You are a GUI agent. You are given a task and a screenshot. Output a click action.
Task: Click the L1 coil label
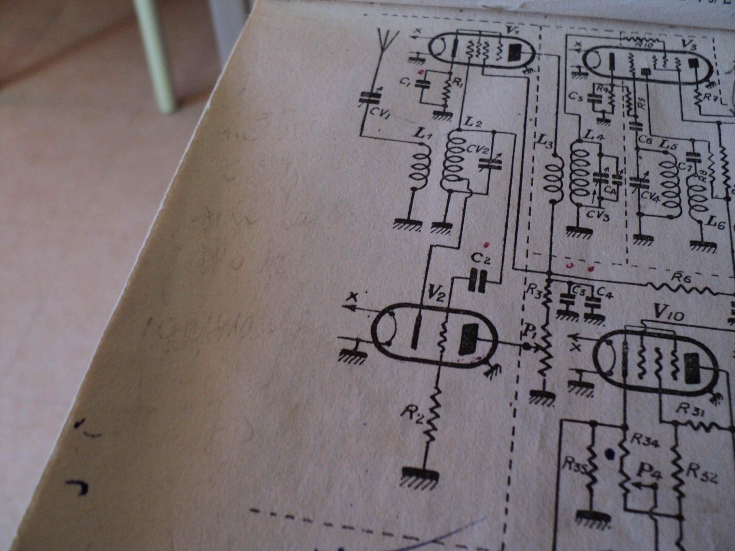tap(423, 136)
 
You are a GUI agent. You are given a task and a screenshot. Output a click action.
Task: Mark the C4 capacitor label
tap(604, 293)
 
